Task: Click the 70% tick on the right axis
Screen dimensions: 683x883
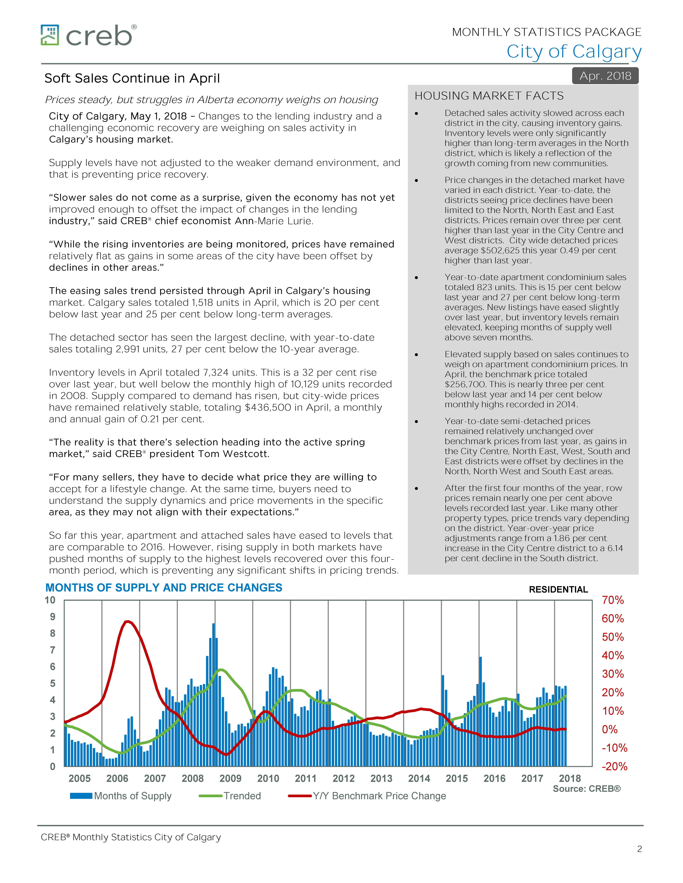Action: (613, 600)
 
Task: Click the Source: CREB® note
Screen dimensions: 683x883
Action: (586, 789)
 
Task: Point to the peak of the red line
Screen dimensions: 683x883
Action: (128, 621)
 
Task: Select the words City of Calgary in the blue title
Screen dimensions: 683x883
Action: (574, 52)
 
